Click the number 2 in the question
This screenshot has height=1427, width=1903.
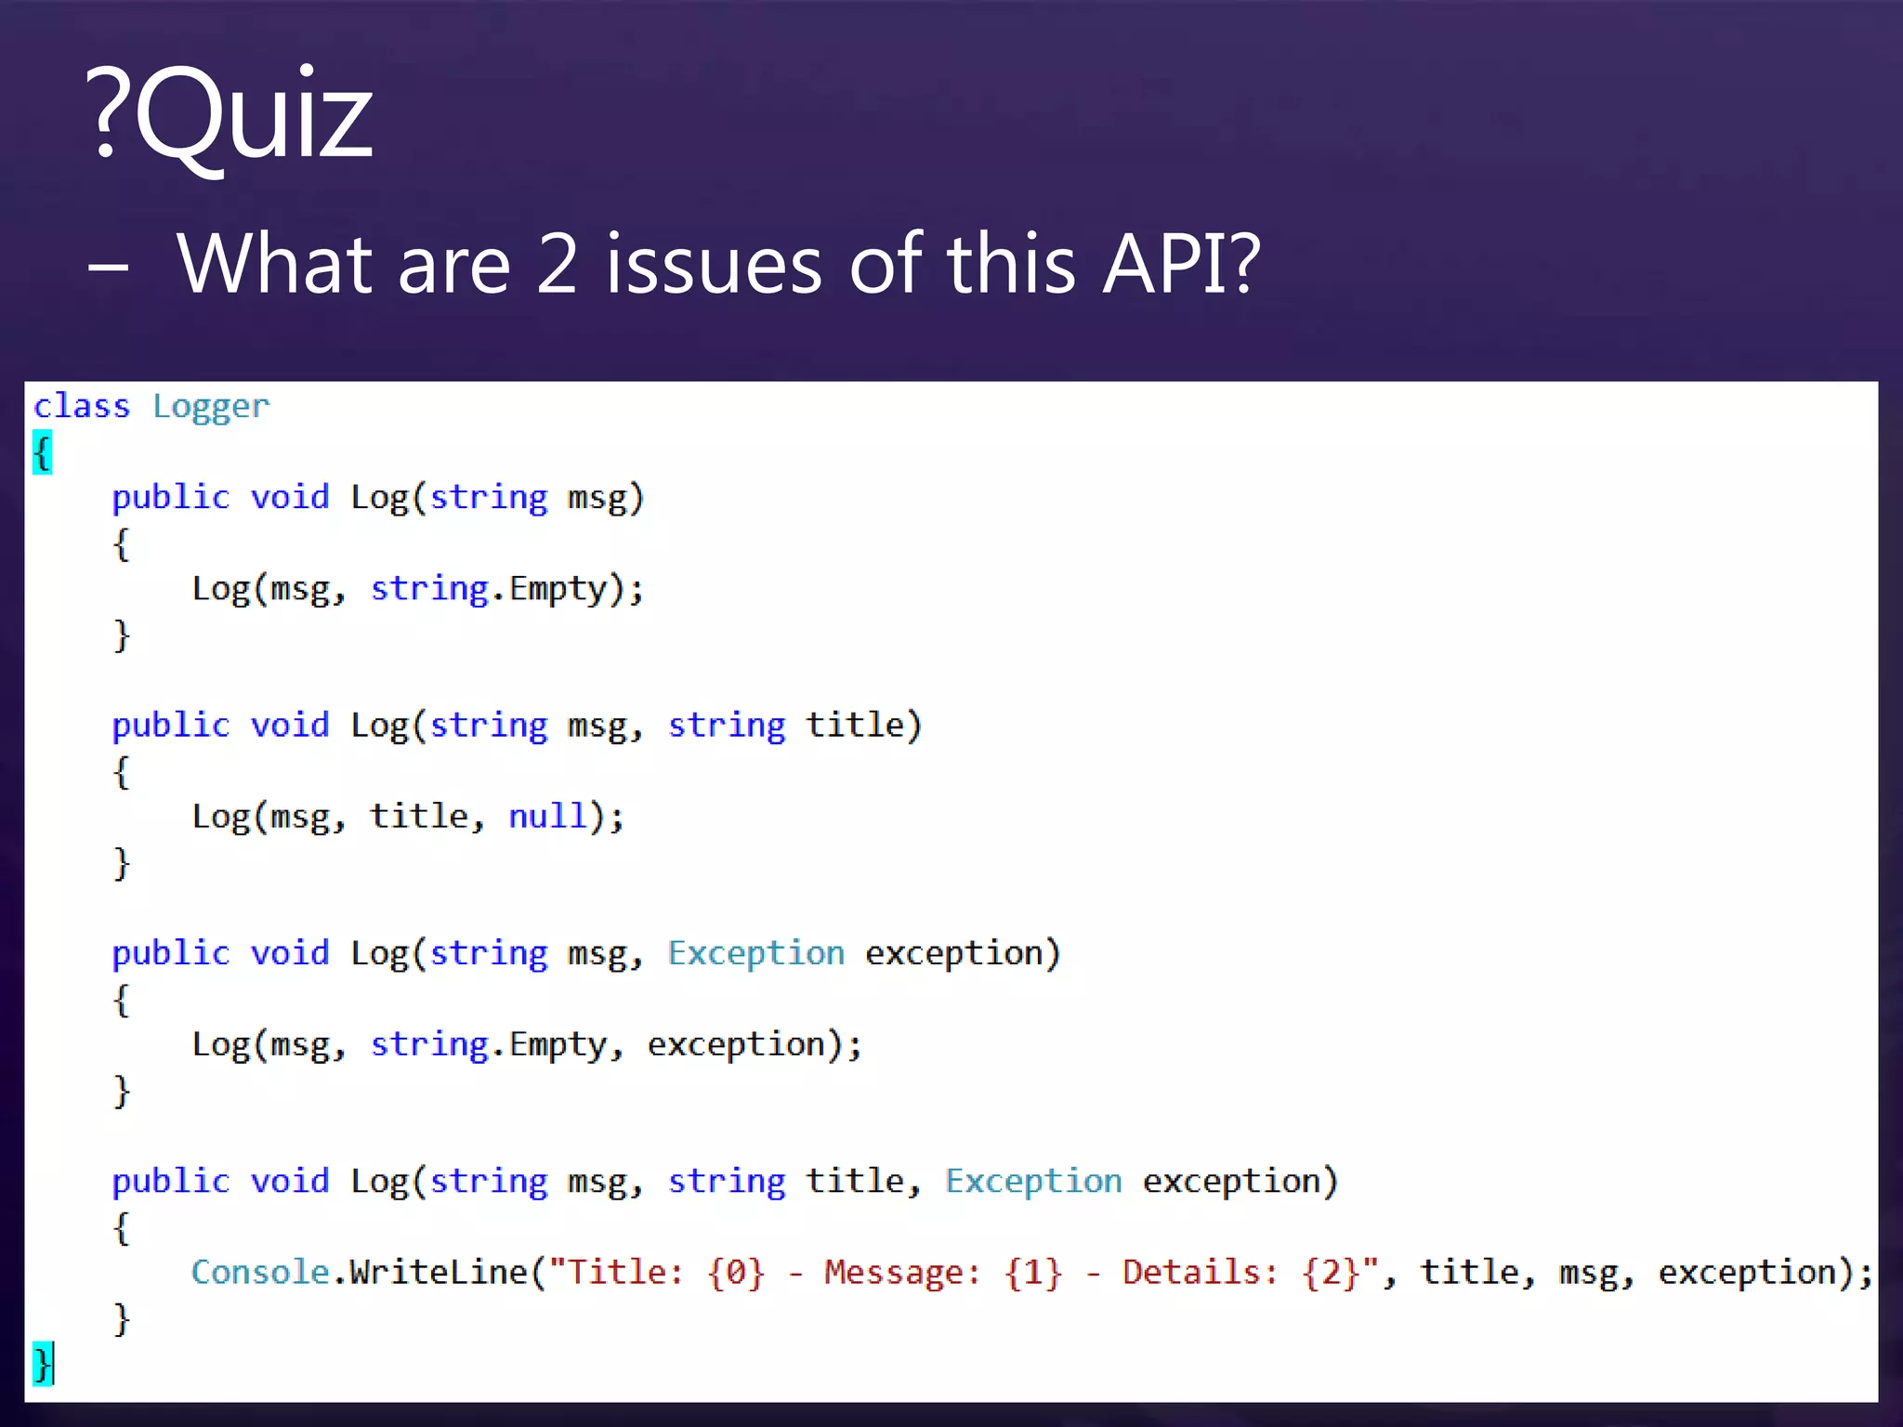(558, 265)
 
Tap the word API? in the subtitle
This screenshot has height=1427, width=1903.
(1181, 265)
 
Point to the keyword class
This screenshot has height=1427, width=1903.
(82, 406)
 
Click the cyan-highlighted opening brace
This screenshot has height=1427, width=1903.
(43, 452)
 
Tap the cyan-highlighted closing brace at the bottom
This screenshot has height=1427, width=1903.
(42, 1363)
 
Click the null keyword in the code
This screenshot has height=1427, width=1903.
(547, 817)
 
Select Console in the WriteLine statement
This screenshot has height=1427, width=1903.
(260, 1272)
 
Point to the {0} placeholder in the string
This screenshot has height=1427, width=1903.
(736, 1272)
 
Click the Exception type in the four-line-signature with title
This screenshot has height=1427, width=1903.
(1033, 1181)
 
